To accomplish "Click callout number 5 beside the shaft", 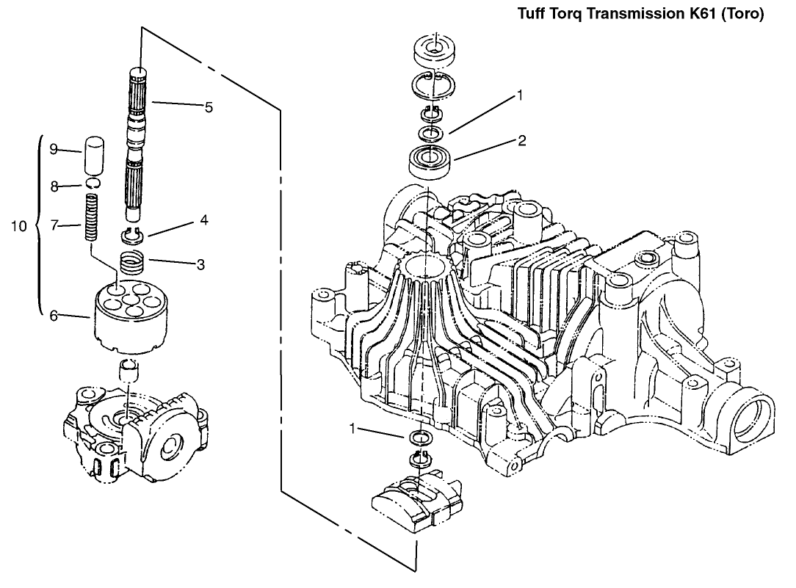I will click(x=209, y=107).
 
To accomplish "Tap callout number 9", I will click(x=54, y=148).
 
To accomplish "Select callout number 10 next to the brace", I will click(x=19, y=226).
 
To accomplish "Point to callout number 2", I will click(x=522, y=140).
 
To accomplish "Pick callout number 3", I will click(x=200, y=264).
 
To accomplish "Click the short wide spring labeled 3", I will click(x=133, y=263).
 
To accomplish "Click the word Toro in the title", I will click(x=742, y=13).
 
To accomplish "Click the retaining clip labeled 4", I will click(x=133, y=235).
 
